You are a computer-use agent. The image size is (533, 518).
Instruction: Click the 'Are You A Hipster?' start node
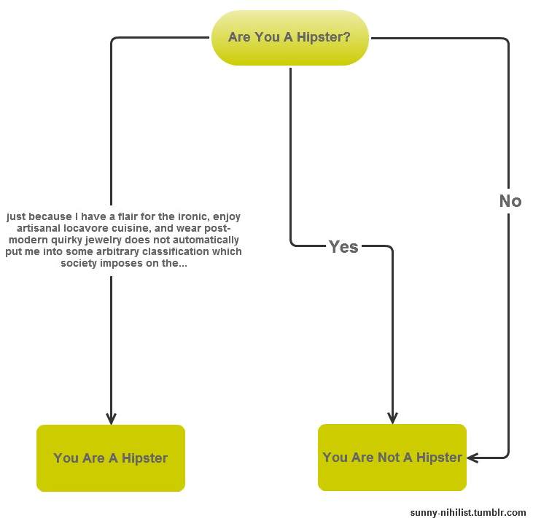pos(290,37)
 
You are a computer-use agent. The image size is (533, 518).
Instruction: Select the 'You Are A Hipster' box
pos(111,458)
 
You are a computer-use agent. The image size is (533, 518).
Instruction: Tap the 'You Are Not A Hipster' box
pos(392,458)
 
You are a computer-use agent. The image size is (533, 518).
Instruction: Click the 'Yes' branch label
pos(343,247)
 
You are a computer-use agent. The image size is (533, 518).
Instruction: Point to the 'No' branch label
pos(510,201)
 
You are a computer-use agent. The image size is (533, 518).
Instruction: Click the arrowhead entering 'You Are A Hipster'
pos(111,418)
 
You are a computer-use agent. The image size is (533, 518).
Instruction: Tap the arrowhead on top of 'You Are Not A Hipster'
pos(392,418)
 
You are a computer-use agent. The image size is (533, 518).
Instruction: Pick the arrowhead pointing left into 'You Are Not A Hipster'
pos(472,458)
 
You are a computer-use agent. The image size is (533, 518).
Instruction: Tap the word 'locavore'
pos(86,228)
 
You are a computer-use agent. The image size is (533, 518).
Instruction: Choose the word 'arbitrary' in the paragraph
pos(117,251)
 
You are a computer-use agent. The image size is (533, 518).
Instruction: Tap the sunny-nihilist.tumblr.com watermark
pos(468,513)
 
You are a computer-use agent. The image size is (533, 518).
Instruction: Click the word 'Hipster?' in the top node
pos(323,37)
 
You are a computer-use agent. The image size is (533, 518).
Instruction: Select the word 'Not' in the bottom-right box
pos(389,458)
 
